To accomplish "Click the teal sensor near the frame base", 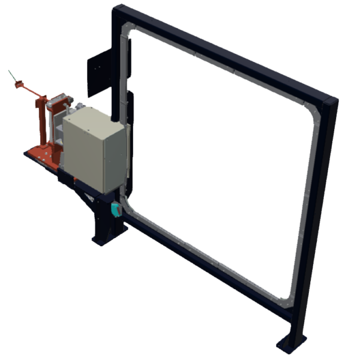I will point(117,209).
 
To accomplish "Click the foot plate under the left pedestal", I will point(109,239).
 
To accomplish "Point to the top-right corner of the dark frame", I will point(329,102).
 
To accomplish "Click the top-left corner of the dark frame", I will point(119,11).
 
